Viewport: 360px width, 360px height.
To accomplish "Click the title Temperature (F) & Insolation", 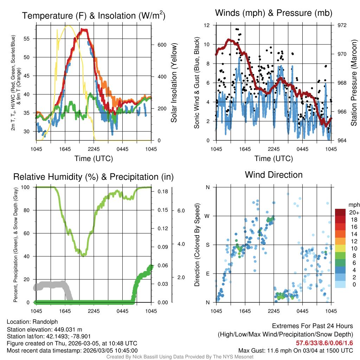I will click(x=94, y=16).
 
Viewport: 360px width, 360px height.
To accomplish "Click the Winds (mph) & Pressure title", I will click(x=274, y=13).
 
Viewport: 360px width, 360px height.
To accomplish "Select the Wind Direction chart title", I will click(x=274, y=174).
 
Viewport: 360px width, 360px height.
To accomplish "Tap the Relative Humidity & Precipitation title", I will click(x=93, y=177).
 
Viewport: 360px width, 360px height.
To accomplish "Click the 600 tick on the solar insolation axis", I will click(x=161, y=45).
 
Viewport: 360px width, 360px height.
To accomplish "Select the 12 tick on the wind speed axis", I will click(x=207, y=25).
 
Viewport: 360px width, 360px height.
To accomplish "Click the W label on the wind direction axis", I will click(x=207, y=216).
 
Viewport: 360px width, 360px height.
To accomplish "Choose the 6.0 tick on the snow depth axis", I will click(x=181, y=211).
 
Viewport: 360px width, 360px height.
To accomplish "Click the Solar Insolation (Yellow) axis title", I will click(x=174, y=83).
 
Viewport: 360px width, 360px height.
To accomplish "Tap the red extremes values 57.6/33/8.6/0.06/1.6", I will click(x=324, y=343).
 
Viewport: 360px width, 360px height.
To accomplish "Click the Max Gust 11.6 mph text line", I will click(x=295, y=350).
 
